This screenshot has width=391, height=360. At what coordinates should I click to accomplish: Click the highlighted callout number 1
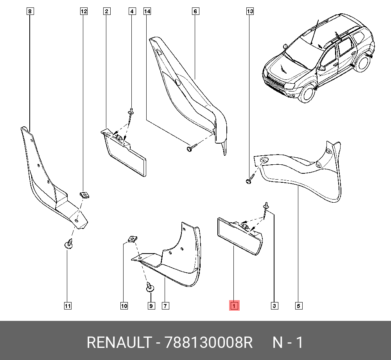(x=234, y=305)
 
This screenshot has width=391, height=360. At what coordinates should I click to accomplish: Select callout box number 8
(x=30, y=11)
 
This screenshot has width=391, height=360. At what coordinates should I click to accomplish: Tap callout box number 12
(x=84, y=11)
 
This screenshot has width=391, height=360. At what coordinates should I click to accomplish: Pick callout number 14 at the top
(x=147, y=11)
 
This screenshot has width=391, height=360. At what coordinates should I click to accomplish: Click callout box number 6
(x=195, y=11)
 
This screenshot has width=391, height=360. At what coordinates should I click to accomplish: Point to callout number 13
(x=250, y=11)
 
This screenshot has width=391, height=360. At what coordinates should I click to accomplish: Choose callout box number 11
(x=68, y=306)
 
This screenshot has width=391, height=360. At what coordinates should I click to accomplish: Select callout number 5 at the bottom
(x=298, y=306)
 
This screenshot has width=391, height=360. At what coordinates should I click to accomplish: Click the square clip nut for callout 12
(x=84, y=195)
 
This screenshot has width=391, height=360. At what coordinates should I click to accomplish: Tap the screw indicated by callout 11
(x=68, y=244)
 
